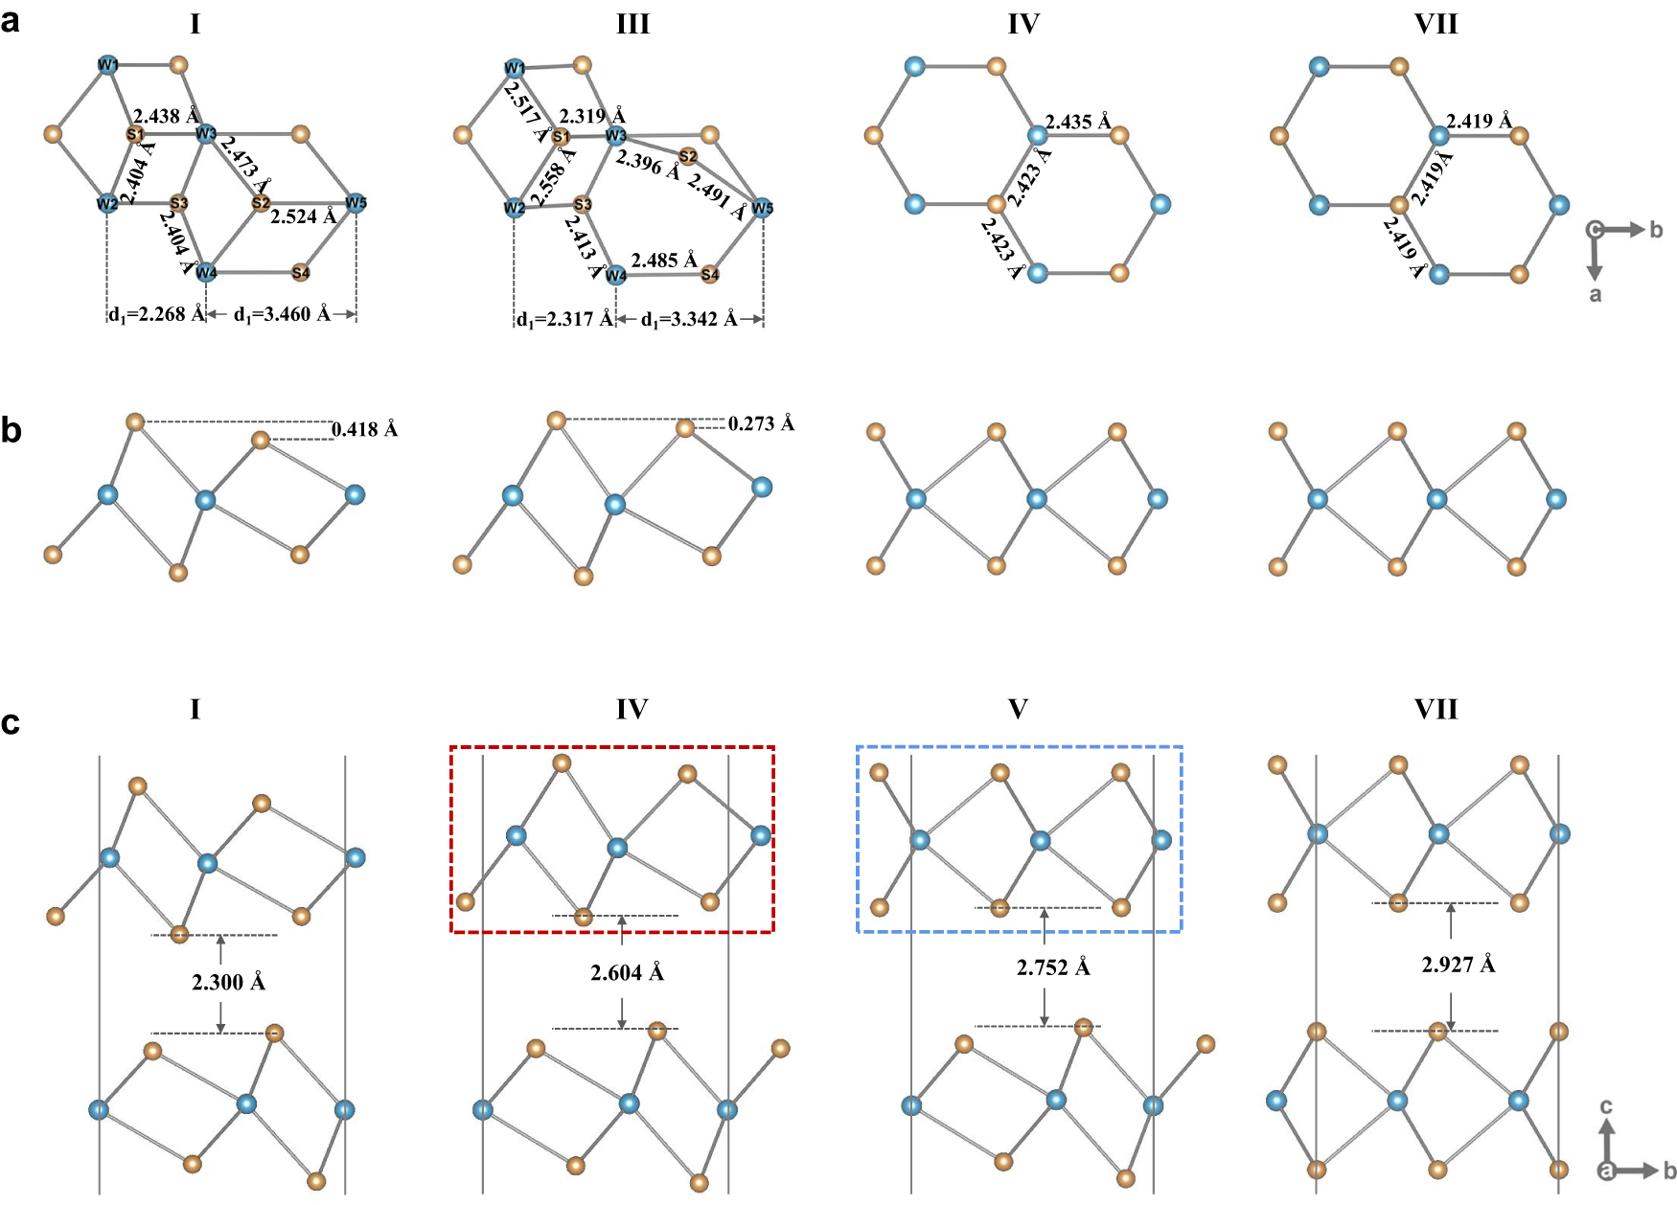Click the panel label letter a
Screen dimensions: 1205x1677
click(11, 20)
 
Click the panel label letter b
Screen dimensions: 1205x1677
click(11, 431)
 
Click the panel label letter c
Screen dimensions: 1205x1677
click(11, 722)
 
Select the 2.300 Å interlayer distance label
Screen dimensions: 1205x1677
click(229, 982)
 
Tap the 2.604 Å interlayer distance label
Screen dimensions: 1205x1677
click(628, 973)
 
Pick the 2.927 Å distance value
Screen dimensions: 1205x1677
click(1458, 965)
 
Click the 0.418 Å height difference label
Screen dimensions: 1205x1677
click(364, 430)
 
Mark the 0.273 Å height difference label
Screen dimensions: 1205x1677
click(761, 423)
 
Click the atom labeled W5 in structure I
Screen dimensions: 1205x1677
click(356, 203)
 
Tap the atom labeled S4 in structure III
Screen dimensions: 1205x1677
click(710, 275)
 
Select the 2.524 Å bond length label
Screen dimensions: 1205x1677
click(303, 216)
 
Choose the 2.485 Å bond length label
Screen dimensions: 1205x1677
click(664, 260)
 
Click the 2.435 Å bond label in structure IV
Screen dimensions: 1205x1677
click(1078, 122)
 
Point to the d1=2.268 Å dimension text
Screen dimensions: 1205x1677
click(157, 314)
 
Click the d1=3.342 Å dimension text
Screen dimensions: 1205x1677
click(689, 319)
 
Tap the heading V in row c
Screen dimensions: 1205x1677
click(1018, 709)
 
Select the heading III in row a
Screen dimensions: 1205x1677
click(632, 24)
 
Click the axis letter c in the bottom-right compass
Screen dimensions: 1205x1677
click(1607, 1106)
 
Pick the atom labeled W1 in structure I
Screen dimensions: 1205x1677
click(107, 65)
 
